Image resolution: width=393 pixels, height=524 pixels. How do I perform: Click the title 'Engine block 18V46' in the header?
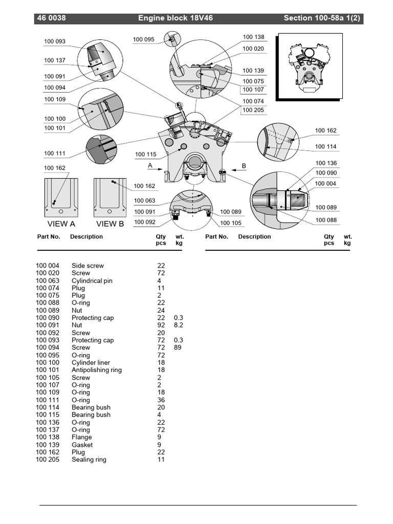176,18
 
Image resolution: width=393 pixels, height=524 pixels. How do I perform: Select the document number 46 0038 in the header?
51,18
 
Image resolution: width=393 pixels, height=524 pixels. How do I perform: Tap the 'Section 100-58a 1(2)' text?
323,18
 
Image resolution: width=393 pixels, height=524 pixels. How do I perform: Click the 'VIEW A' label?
61,224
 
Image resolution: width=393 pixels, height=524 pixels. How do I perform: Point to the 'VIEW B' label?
110,224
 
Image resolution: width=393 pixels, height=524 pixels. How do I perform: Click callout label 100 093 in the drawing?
55,41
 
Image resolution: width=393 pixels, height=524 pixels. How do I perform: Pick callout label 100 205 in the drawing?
253,110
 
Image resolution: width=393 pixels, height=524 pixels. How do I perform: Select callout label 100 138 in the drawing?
253,37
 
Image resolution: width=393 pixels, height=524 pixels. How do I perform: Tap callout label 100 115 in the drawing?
146,155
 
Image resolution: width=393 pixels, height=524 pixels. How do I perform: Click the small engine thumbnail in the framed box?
309,66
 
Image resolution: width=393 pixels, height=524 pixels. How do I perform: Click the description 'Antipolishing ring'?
97,370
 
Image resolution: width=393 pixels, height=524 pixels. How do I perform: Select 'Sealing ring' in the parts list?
89,460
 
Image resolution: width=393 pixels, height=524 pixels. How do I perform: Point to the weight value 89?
178,347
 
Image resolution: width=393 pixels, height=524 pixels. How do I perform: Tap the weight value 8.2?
178,325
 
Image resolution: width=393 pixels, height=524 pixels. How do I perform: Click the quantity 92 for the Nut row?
161,325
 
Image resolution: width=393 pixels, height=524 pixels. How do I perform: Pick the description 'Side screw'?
88,266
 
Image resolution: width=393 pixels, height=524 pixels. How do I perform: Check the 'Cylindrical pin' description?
92,280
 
